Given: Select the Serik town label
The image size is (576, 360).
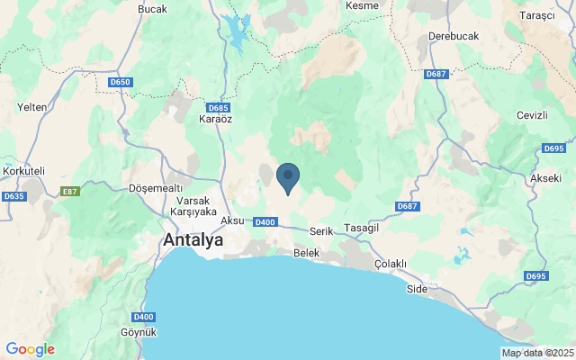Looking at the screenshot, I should [x=321, y=231].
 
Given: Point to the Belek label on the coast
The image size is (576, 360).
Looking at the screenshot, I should [x=307, y=254].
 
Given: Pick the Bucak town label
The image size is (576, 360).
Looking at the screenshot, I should [x=152, y=9].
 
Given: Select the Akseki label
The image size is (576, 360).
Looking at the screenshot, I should [x=545, y=177].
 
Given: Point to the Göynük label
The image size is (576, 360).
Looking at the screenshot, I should [x=139, y=332].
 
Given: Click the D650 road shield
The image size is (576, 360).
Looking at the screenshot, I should [x=120, y=82].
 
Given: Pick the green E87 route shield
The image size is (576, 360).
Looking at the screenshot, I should [x=69, y=191].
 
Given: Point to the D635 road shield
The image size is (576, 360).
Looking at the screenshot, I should [x=13, y=196].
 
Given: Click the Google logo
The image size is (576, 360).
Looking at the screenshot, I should [x=30, y=349].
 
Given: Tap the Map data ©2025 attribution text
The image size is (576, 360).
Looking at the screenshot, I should [x=537, y=353].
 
